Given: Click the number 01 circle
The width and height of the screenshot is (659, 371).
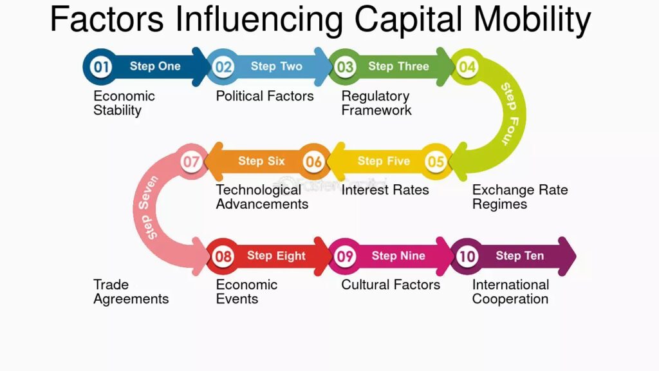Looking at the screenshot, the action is click(x=101, y=66).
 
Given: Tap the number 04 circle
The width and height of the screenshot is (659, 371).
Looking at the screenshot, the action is click(x=467, y=66).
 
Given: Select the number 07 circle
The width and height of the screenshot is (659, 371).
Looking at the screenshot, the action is click(x=191, y=162).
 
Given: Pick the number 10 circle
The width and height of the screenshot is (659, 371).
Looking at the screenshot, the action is click(x=467, y=256).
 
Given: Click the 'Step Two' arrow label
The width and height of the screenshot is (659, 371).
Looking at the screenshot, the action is click(x=277, y=66).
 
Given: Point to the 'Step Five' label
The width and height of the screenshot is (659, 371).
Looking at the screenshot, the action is click(x=384, y=160).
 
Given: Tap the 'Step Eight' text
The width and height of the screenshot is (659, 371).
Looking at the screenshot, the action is click(x=276, y=256).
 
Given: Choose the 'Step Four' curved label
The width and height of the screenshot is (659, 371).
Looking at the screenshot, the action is click(x=510, y=114).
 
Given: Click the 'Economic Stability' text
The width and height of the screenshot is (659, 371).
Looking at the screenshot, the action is click(x=124, y=103).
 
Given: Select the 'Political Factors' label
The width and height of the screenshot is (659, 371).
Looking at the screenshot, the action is click(x=265, y=96).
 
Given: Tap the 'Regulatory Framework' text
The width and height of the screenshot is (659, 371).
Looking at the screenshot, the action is click(x=376, y=103).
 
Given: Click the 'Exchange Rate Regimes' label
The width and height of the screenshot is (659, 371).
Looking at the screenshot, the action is click(x=520, y=197).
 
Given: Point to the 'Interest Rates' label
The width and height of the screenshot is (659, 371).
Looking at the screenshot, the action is click(x=385, y=190).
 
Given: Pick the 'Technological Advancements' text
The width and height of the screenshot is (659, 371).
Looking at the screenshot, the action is click(x=263, y=197).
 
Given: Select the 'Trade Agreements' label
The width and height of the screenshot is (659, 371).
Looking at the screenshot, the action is click(x=131, y=292).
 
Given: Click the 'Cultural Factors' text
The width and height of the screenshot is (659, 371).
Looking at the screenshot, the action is click(x=391, y=285).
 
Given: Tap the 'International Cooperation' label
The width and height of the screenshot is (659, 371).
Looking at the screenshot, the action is click(x=510, y=292).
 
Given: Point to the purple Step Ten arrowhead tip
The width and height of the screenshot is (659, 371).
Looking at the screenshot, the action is click(x=576, y=256).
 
